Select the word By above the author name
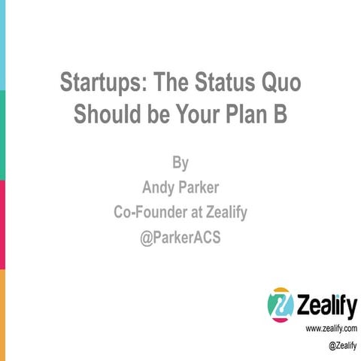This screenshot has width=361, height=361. tap(180, 162)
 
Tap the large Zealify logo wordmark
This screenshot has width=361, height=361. tap(324, 305)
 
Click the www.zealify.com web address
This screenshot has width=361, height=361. tap(331, 329)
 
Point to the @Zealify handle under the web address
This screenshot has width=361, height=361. tap(342, 345)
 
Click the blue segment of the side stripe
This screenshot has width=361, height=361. tap(2, 45)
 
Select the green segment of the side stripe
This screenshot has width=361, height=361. tap(2, 135)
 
